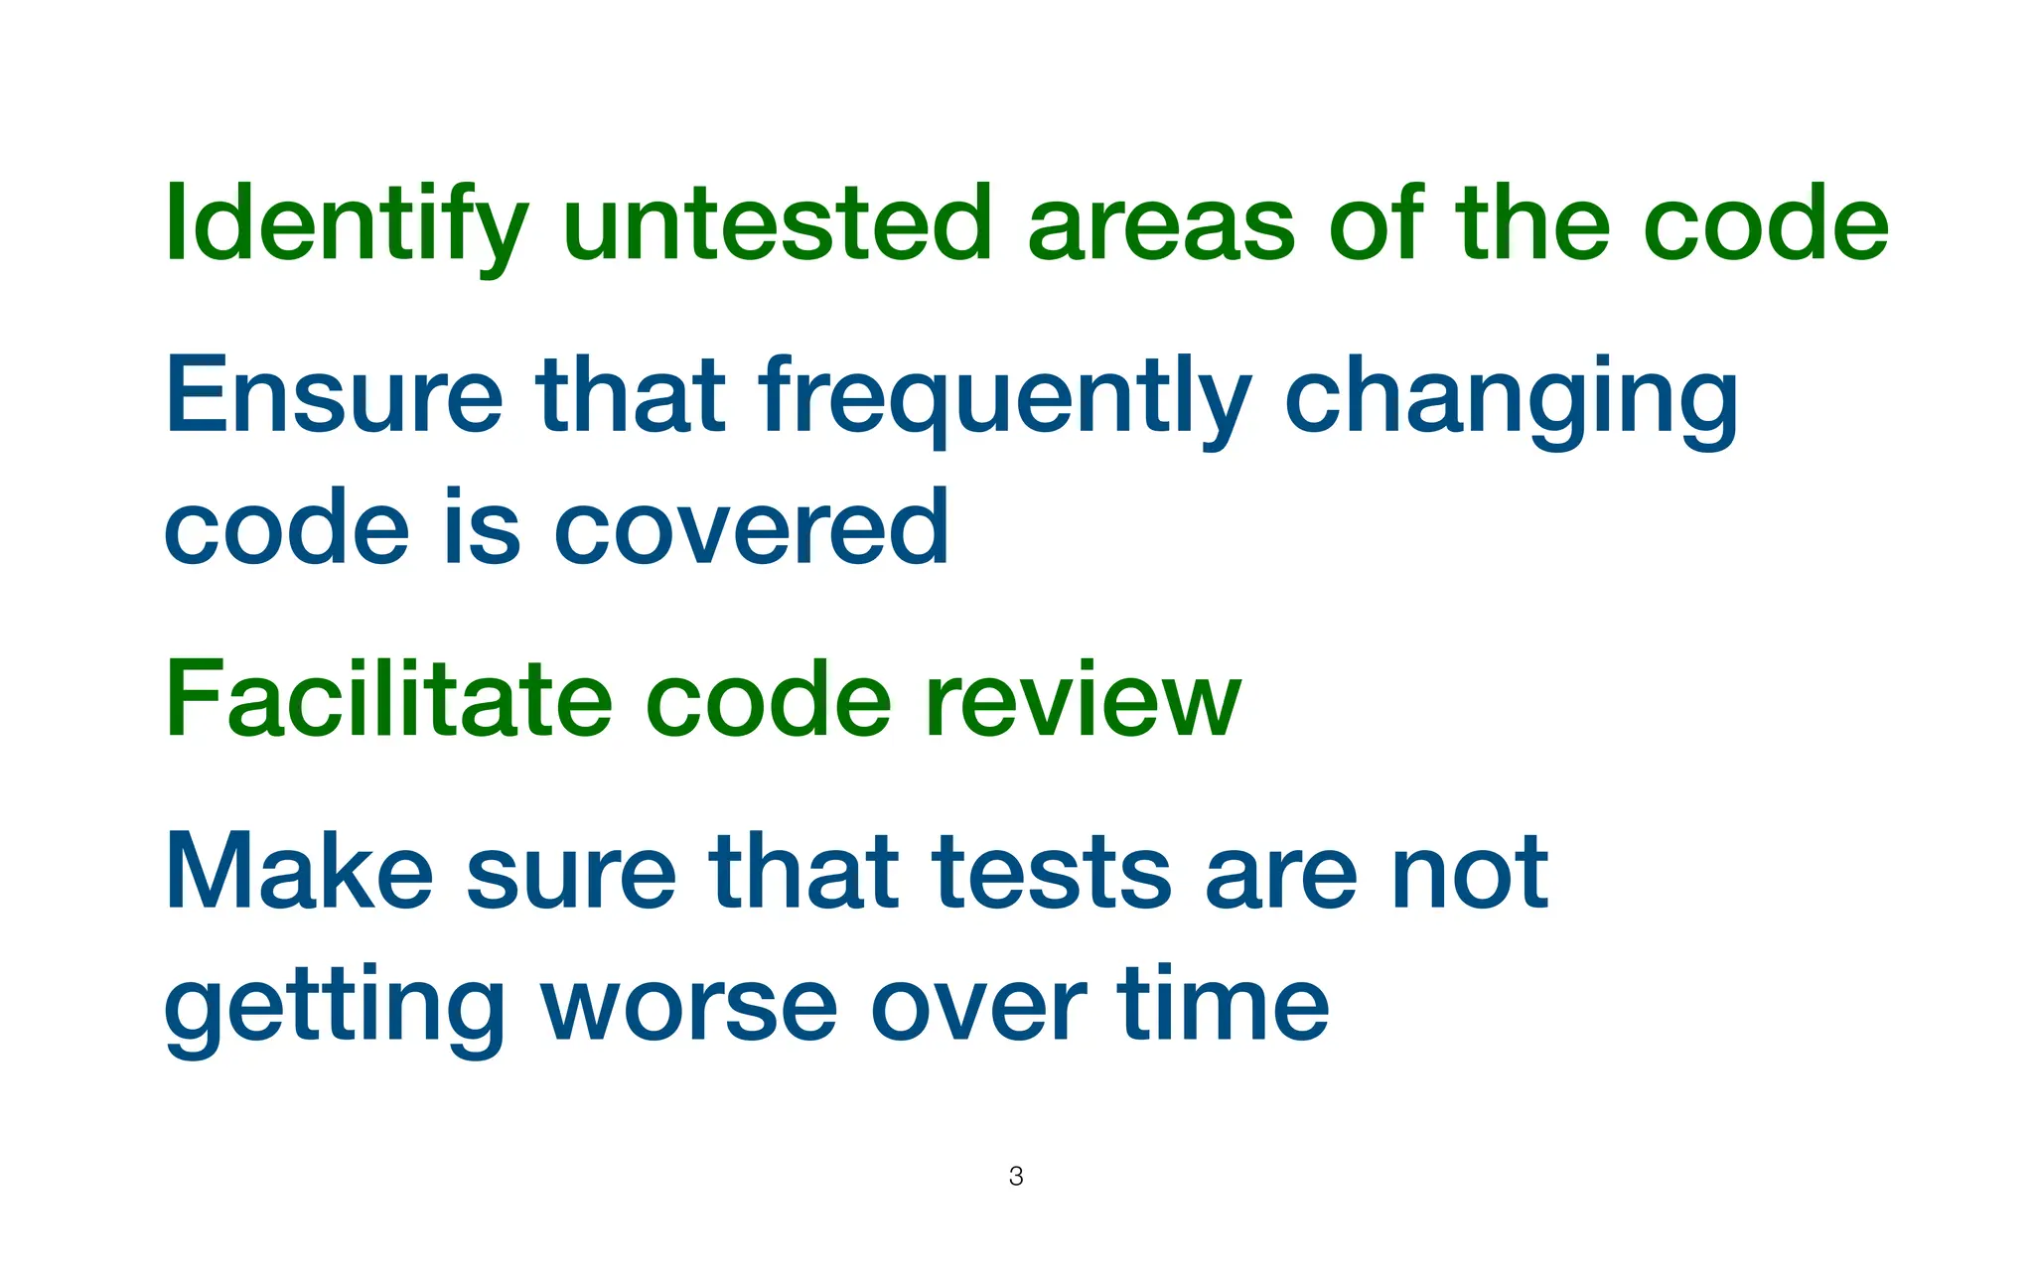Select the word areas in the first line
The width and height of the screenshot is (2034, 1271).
(x=1160, y=226)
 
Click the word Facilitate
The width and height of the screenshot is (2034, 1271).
(x=388, y=699)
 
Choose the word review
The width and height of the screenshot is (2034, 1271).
(x=1083, y=701)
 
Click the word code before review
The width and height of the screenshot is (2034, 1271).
(x=768, y=699)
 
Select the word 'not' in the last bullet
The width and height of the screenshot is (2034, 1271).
(x=1470, y=874)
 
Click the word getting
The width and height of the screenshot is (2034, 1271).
(x=334, y=1009)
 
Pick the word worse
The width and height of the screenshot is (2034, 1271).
(x=689, y=1007)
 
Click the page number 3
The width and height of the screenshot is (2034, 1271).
(x=1016, y=1177)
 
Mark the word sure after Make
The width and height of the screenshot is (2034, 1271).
(x=570, y=874)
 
